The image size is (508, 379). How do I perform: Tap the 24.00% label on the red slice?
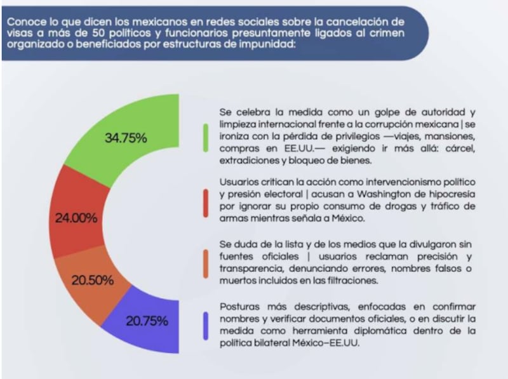coord(76,218)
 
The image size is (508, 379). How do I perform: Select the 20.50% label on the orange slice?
coord(92,280)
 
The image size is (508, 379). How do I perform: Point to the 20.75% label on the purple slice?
coord(147,321)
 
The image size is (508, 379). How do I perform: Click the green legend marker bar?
coord(206,137)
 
